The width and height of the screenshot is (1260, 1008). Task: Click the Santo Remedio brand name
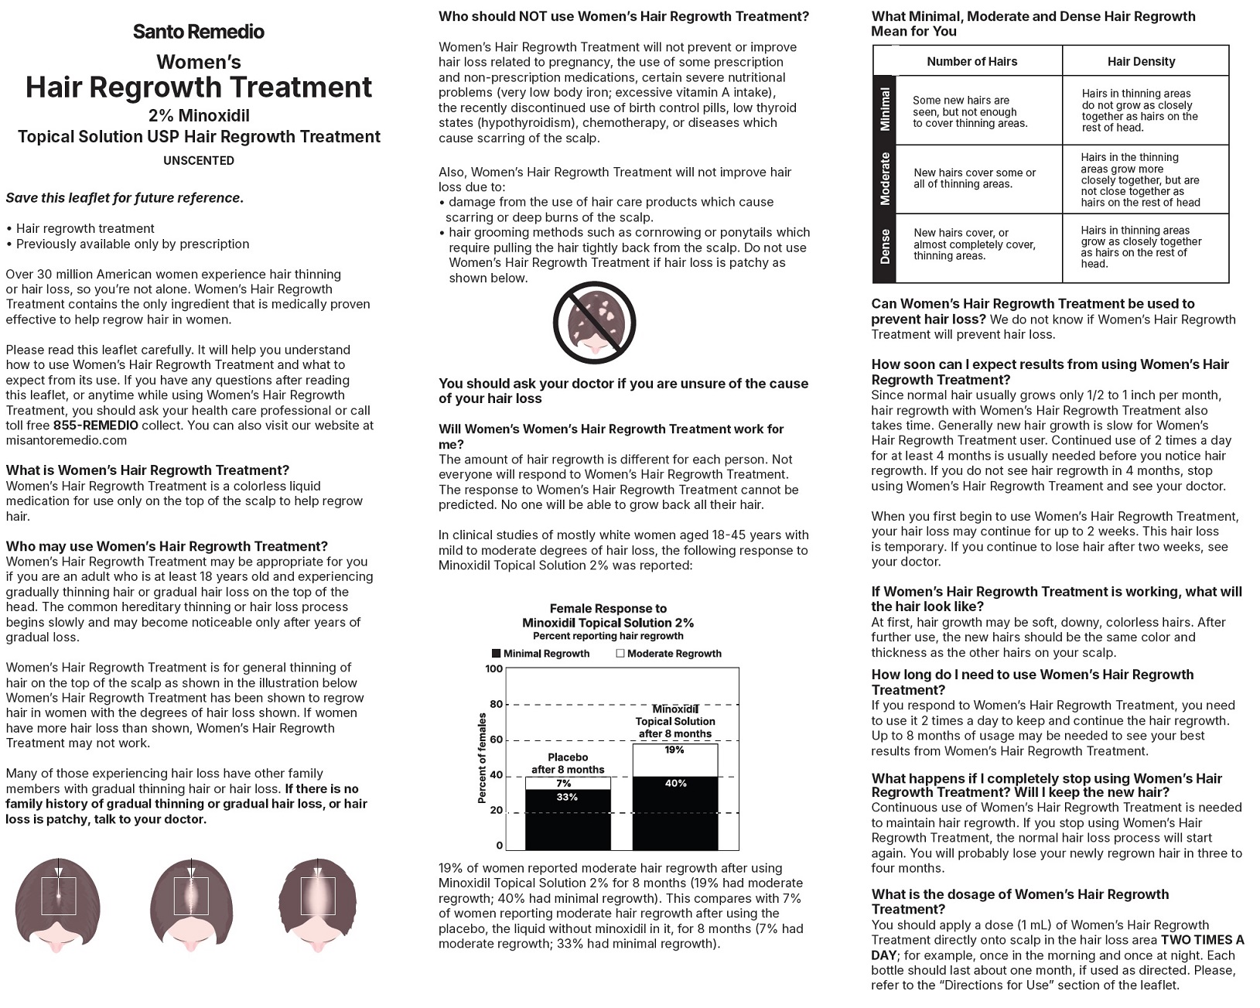199,32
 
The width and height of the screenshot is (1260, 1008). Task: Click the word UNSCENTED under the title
199,161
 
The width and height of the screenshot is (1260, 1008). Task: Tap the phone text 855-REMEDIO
96,425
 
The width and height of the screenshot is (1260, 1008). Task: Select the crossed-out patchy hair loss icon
594,323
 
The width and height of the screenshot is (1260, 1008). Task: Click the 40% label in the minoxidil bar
675,784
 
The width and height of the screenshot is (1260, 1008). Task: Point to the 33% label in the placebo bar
567,798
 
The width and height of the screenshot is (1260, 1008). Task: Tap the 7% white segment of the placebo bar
567,784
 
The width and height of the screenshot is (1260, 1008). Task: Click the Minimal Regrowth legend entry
541,654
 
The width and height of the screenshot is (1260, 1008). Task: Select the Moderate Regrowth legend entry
669,654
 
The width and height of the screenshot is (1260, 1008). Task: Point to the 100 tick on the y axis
493,668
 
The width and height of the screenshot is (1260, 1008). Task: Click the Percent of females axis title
482,758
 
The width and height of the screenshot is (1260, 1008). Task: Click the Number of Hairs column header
971,62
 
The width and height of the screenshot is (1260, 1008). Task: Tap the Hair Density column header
1141,62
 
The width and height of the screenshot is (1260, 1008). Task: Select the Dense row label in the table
885,247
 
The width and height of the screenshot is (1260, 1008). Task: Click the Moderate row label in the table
885,179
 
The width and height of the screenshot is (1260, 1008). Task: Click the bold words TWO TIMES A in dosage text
1202,940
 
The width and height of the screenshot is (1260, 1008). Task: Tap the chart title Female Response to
608,609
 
